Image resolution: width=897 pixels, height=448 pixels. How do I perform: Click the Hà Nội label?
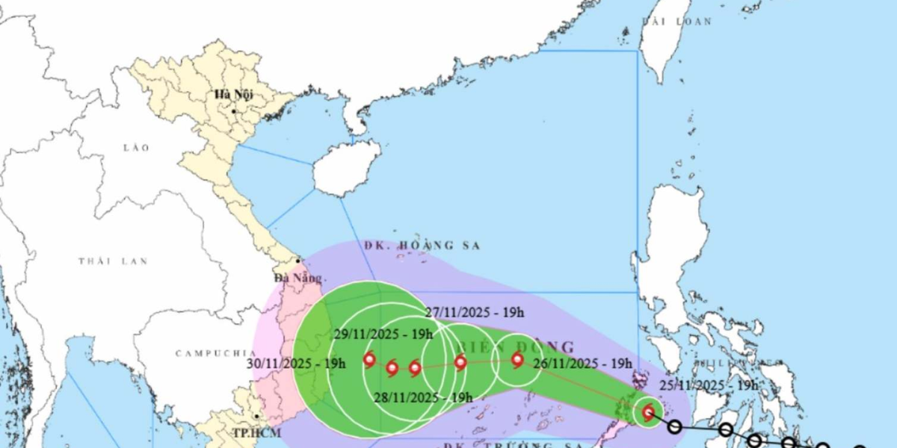(x=233, y=95)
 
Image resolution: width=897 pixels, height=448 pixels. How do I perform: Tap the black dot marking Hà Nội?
(x=234, y=111)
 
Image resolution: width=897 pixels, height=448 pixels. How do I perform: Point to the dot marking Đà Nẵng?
(x=298, y=261)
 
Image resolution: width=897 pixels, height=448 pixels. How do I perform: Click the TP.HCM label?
(x=250, y=434)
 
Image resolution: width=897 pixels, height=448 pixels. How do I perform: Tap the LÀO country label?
(x=137, y=148)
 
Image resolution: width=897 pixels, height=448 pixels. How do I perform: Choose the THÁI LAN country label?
(x=113, y=261)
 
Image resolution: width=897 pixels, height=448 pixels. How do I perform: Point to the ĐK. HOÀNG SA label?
(x=422, y=245)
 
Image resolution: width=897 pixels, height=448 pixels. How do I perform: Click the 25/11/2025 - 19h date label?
(x=709, y=385)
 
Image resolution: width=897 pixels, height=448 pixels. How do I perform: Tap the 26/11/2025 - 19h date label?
(x=583, y=364)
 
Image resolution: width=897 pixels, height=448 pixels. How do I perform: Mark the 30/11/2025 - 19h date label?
(x=296, y=364)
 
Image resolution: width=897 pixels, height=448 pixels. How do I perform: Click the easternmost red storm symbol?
(x=648, y=411)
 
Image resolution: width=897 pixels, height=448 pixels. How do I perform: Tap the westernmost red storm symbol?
(x=369, y=361)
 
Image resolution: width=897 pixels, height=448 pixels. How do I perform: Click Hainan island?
(x=342, y=169)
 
